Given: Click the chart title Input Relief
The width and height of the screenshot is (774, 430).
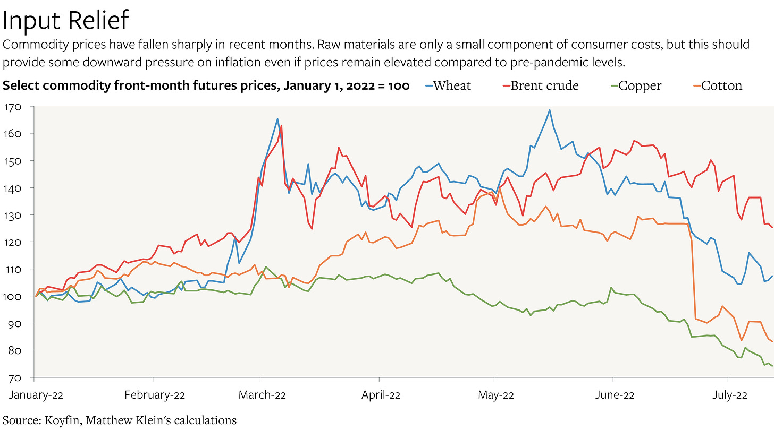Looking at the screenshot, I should (66, 20).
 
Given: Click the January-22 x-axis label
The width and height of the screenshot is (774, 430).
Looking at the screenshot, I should (34, 395).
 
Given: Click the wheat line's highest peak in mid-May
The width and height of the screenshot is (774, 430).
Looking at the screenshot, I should (549, 110).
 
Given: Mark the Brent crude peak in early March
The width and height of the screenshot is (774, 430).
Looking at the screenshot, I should (281, 126).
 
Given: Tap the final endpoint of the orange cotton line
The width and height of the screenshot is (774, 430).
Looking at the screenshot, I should (772, 341).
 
